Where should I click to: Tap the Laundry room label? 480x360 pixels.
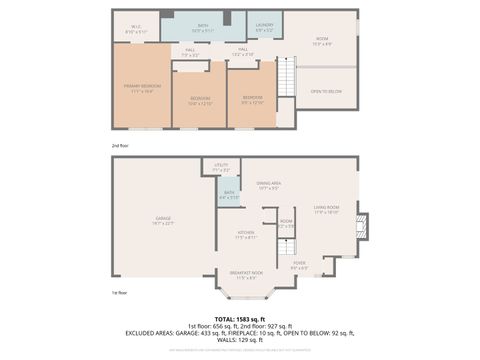pyautogui.click(x=265, y=26)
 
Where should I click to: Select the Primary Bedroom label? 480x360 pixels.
pyautogui.click(x=138, y=90)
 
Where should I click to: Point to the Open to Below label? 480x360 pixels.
pyautogui.click(x=326, y=91)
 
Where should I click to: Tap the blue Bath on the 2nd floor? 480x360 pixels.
pyautogui.click(x=203, y=26)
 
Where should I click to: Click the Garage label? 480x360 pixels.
pyautogui.click(x=163, y=220)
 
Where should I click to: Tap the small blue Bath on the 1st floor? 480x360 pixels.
pyautogui.click(x=229, y=194)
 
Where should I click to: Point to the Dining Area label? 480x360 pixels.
pyautogui.click(x=268, y=185)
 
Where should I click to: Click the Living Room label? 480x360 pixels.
pyautogui.click(x=327, y=210)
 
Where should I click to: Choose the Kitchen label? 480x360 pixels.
pyautogui.click(x=246, y=235)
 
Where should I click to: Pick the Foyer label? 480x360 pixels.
pyautogui.click(x=298, y=266)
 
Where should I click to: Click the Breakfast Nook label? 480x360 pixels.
pyautogui.click(x=245, y=275)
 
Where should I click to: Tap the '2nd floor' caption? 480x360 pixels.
pyautogui.click(x=120, y=145)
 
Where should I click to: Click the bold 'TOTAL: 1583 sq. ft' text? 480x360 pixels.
pyautogui.click(x=239, y=317)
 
